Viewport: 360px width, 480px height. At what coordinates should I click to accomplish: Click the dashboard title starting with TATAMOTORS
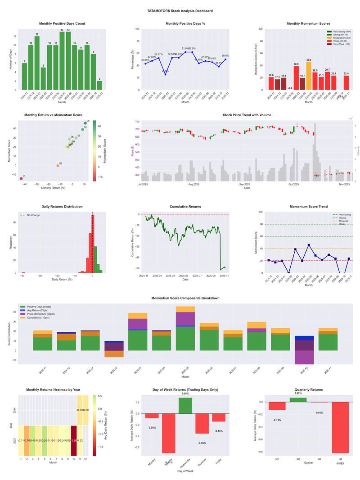[180, 11]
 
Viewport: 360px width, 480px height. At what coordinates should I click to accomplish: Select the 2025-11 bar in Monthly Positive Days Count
[99, 85]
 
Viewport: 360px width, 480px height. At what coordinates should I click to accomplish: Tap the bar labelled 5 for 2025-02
[43, 78]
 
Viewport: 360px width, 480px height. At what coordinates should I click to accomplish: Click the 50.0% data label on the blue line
[225, 56]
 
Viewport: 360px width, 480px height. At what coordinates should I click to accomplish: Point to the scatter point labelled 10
[21, 179]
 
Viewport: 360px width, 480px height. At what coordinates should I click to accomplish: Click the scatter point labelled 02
[58, 166]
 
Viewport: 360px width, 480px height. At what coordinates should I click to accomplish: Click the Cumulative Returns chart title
[185, 207]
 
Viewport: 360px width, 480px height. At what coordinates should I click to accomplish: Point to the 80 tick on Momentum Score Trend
[259, 224]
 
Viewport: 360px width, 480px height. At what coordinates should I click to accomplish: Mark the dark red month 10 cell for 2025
[74, 440]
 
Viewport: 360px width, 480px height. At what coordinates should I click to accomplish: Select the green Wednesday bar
[185, 405]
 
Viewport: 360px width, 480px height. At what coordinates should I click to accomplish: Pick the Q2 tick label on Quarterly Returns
[298, 459]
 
